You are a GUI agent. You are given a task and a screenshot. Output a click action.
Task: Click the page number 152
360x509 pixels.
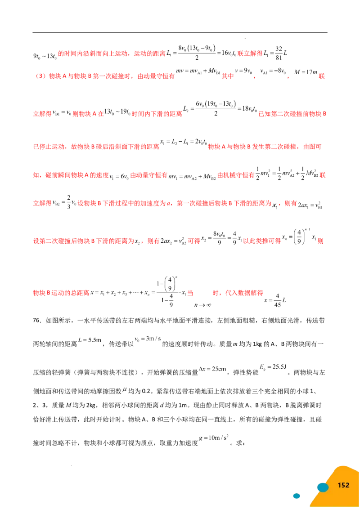click(x=343, y=485)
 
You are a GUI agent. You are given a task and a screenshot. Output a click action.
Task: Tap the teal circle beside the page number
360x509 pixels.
click(x=322, y=487)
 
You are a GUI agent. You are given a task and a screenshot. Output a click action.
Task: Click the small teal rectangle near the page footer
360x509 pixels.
click(x=297, y=496)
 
